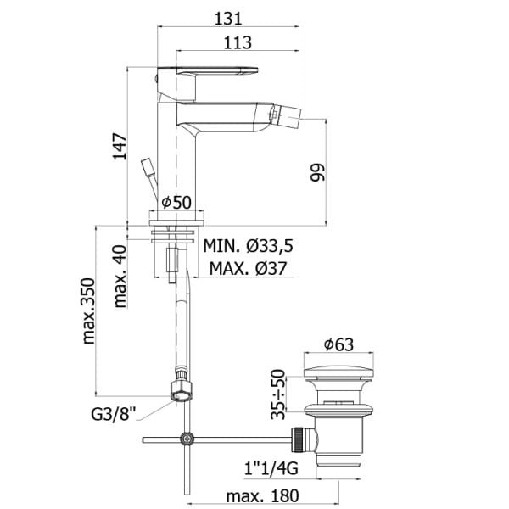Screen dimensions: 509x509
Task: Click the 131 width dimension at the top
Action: (228, 19)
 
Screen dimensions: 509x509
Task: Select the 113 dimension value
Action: (238, 42)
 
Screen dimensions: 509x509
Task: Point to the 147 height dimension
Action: (120, 146)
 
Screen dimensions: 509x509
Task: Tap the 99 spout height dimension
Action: (317, 172)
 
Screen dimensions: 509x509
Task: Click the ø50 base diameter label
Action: (176, 203)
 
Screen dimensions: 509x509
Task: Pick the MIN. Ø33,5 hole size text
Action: (248, 246)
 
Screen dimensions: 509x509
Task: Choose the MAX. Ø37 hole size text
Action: (248, 268)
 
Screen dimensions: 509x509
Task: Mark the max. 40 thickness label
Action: (120, 277)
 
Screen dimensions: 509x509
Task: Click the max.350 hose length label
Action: (88, 310)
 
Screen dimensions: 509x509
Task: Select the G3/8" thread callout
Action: (113, 414)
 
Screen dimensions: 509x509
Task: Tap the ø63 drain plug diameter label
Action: (338, 344)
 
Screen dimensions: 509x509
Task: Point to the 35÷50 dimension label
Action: (278, 394)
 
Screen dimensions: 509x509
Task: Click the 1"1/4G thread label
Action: (271, 468)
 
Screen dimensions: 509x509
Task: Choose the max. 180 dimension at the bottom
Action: (262, 496)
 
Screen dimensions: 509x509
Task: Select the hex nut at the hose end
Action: (182, 391)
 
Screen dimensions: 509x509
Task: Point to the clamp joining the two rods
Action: (187, 439)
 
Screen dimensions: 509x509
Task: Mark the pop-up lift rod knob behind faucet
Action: (147, 167)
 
